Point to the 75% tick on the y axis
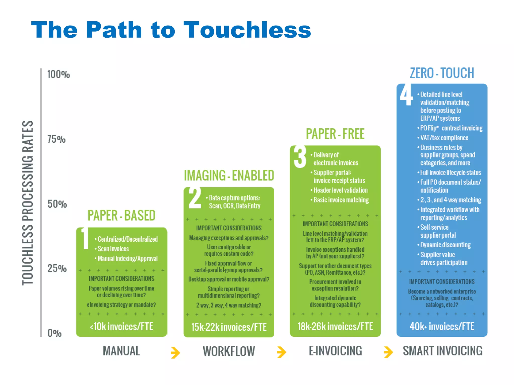(x=56, y=139)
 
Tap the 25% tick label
(x=57, y=268)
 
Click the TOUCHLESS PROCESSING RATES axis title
(x=28, y=203)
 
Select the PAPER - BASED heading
(x=121, y=216)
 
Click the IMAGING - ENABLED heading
(x=229, y=175)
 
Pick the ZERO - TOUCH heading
(x=442, y=73)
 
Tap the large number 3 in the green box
(x=300, y=157)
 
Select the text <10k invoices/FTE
(x=121, y=327)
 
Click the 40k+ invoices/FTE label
(x=442, y=327)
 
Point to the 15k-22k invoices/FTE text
(x=229, y=327)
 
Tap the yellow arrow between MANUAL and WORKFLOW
(x=175, y=352)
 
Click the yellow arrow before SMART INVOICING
(x=388, y=352)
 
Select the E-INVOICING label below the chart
(x=335, y=351)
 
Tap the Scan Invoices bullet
(x=113, y=249)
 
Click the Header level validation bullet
(x=340, y=190)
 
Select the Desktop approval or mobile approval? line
(x=229, y=279)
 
